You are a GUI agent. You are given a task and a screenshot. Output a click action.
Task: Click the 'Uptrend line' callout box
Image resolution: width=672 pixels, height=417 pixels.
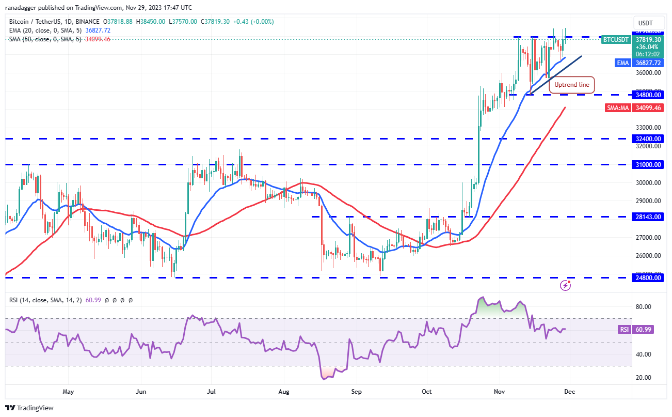tap(572, 84)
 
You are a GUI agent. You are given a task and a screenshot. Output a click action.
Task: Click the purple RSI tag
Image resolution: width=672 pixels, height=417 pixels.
tap(624, 329)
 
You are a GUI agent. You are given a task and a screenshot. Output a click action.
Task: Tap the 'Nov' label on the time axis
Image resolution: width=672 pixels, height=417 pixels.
tap(499, 392)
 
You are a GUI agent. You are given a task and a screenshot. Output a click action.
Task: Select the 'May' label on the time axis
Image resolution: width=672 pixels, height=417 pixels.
tap(69, 392)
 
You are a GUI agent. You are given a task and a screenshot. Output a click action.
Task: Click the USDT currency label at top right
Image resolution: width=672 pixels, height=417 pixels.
tap(646, 23)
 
